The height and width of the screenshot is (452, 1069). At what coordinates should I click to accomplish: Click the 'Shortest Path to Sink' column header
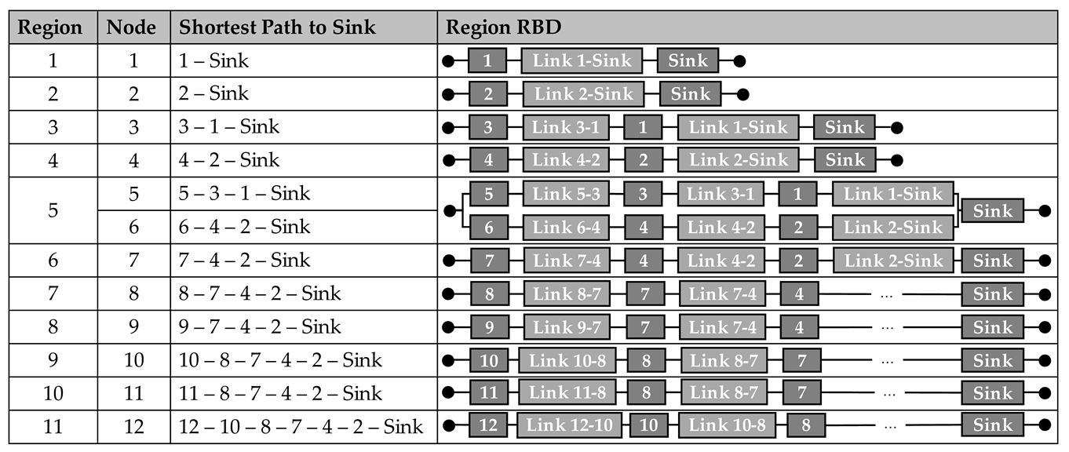point(277,27)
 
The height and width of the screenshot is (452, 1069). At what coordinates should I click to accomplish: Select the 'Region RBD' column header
point(502,27)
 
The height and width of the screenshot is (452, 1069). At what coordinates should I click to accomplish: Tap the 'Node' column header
point(131,27)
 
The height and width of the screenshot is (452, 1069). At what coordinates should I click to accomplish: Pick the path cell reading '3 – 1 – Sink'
point(228,127)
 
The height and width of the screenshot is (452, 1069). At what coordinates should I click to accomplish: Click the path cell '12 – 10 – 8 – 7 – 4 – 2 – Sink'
point(301,426)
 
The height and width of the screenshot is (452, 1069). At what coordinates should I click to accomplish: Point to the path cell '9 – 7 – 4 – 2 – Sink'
point(259,326)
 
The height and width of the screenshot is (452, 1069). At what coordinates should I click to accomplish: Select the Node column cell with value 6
point(133,227)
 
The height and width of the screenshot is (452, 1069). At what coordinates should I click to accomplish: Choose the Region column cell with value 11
point(53,426)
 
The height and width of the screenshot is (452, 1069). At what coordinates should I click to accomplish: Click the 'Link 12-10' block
point(570,426)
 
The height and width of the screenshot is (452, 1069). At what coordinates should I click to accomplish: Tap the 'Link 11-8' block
point(567,392)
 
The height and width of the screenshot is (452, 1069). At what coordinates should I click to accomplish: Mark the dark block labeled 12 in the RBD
point(488,426)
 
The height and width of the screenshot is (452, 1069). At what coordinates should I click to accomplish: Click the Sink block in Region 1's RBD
point(688,60)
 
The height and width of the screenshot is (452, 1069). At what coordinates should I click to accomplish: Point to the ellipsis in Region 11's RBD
point(890,426)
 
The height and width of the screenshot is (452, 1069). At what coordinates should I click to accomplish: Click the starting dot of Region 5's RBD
point(449,211)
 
